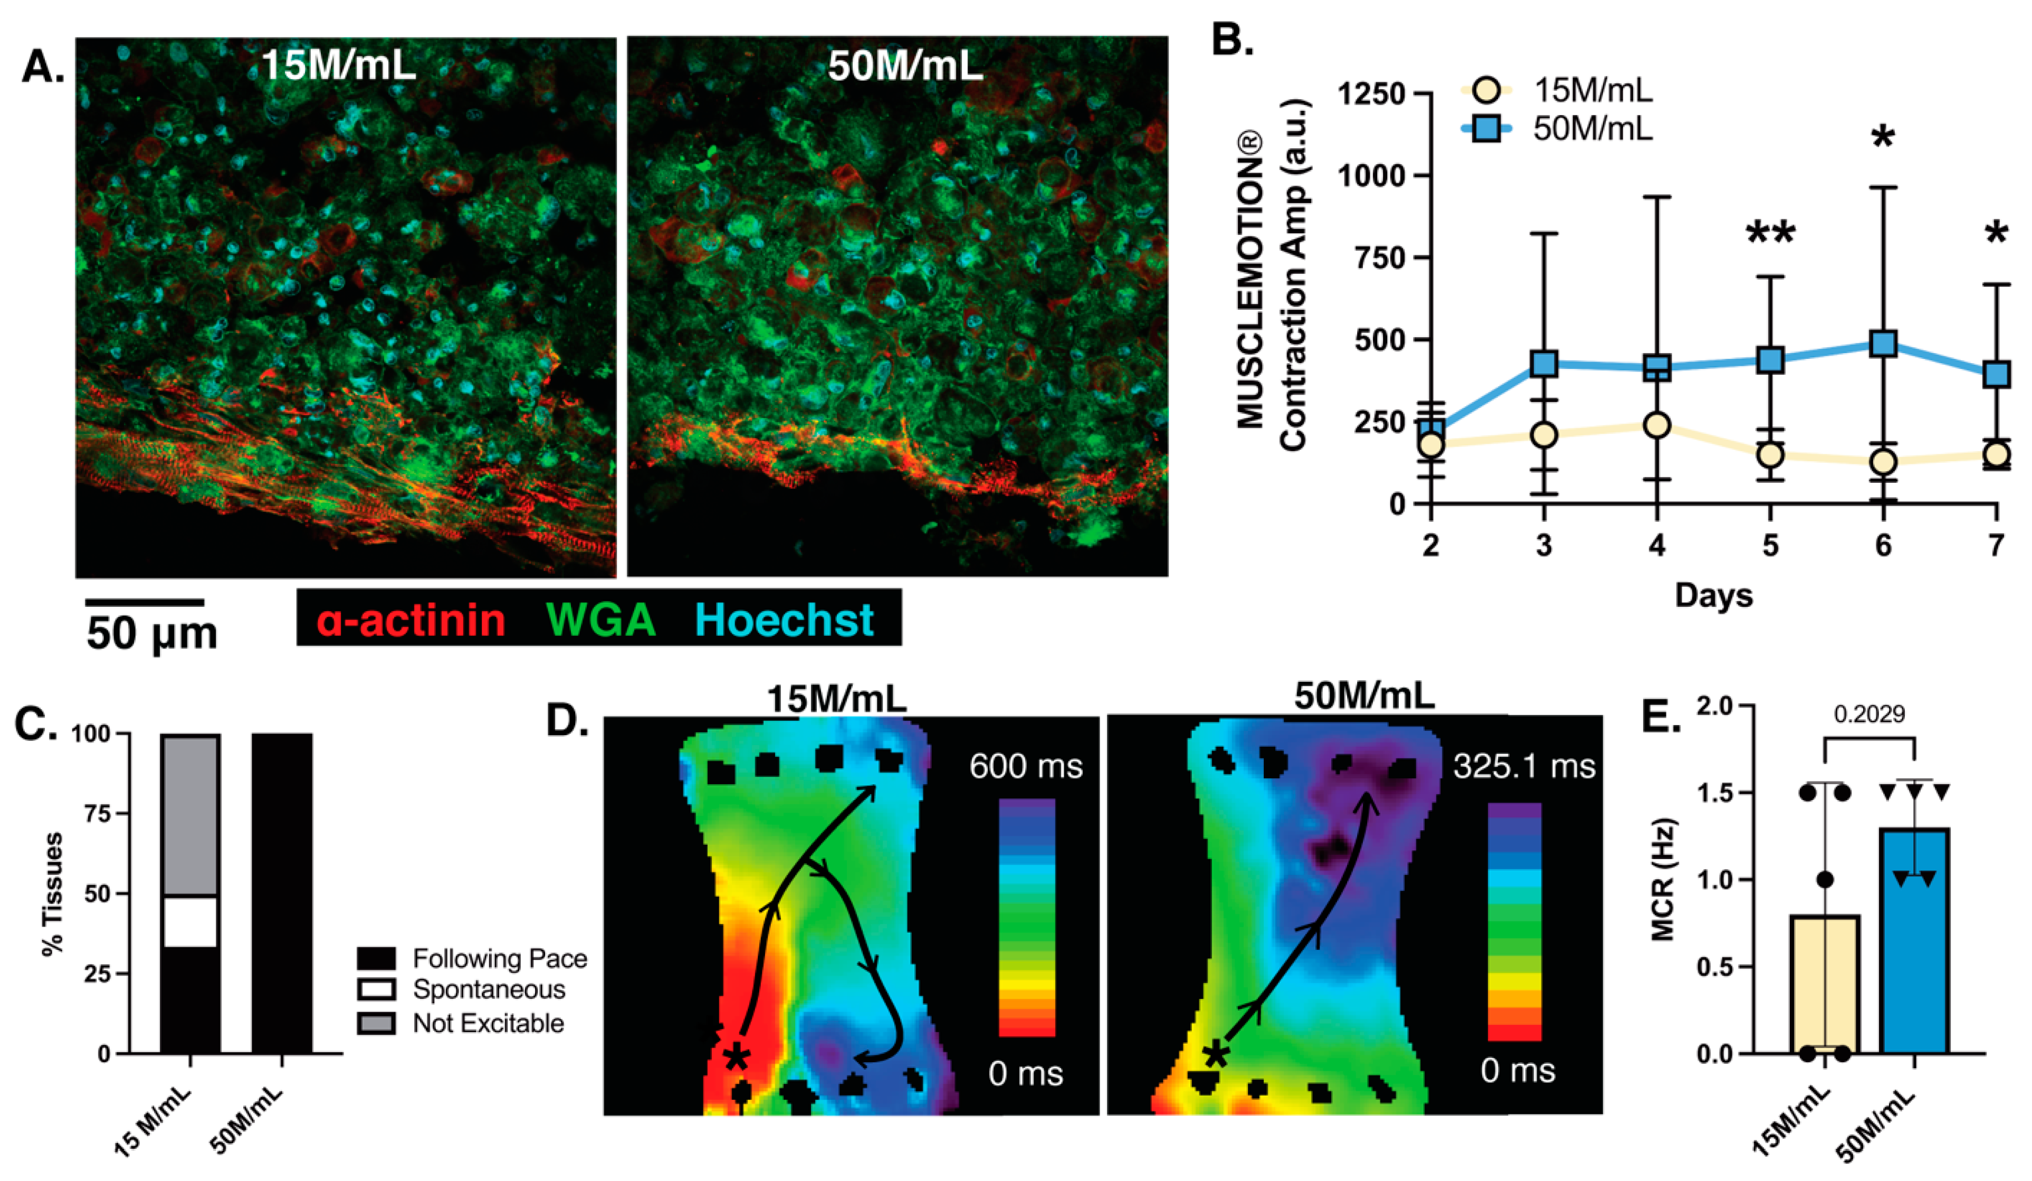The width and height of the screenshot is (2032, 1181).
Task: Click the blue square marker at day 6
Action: [1882, 344]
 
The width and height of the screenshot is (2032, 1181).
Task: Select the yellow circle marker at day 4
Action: [1656, 425]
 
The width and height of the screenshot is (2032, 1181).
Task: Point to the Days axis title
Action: [1713, 595]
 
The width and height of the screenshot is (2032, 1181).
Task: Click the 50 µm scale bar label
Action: [151, 633]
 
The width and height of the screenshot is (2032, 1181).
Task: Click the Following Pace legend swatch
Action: [376, 958]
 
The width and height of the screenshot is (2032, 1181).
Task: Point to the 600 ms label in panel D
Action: [1026, 766]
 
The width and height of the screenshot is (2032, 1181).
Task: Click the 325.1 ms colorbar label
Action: [1524, 766]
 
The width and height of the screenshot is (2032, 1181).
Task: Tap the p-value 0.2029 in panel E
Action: [1869, 714]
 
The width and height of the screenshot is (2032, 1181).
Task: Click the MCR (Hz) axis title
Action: [1663, 879]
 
